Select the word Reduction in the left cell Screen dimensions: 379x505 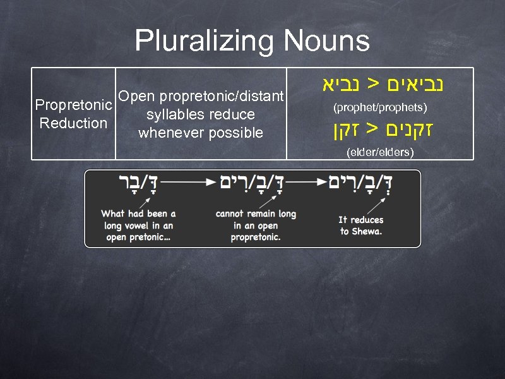click(x=74, y=123)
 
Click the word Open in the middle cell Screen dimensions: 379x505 click(x=136, y=97)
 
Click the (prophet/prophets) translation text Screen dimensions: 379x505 click(x=381, y=108)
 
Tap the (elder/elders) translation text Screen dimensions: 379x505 click(x=380, y=152)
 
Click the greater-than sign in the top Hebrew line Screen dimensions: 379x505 click(x=374, y=83)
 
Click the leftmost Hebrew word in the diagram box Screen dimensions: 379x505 click(x=138, y=183)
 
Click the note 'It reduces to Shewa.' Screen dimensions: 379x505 click(x=360, y=226)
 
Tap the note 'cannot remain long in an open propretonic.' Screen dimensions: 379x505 click(x=255, y=226)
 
